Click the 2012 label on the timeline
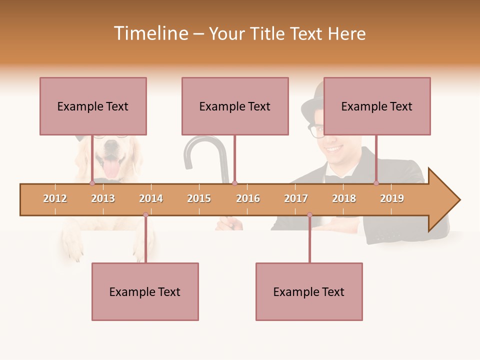point(55,198)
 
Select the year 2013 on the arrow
point(103,198)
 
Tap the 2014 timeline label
point(151,198)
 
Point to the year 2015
point(199,198)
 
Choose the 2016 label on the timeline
point(248,198)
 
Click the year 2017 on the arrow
point(296,198)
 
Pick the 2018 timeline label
point(344,198)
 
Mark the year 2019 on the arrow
point(392,198)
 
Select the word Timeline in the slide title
point(150,33)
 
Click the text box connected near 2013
point(93,106)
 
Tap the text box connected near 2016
point(235,106)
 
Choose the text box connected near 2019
point(377,106)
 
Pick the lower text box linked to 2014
point(145,291)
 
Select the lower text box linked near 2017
point(309,291)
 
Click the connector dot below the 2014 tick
point(145,215)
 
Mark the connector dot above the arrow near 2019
point(376,183)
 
